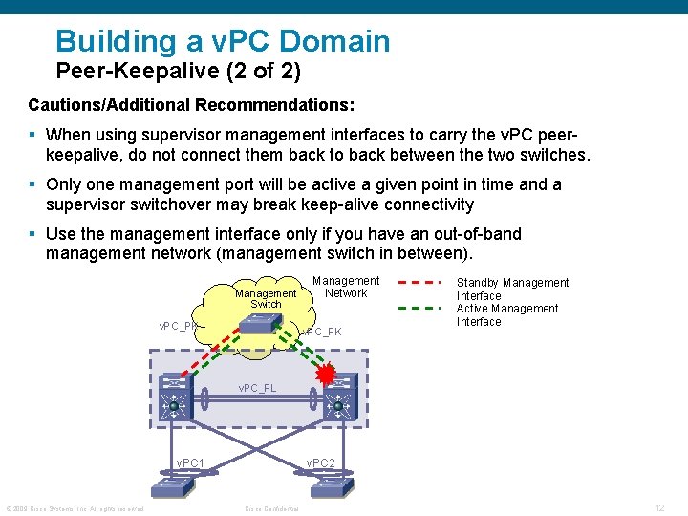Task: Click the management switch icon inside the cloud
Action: pos(259,324)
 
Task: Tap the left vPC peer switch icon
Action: pos(175,398)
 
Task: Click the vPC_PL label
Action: pos(257,388)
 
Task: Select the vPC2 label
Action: pos(320,463)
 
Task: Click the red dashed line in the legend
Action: pos(418,283)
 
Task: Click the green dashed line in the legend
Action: pos(418,309)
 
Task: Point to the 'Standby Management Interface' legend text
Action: pos(512,289)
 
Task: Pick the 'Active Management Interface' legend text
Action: pos(506,314)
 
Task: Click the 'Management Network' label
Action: pos(346,287)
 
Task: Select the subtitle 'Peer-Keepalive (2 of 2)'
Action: pos(179,71)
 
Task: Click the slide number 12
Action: pos(659,506)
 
